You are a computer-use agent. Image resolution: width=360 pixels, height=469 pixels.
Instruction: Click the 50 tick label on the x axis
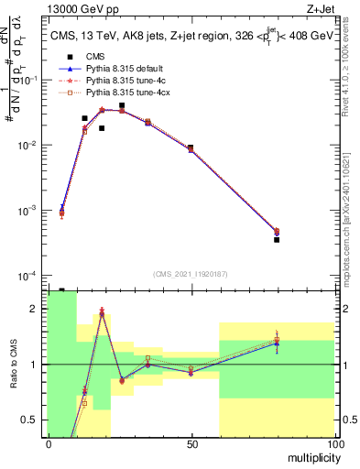pos(191,443)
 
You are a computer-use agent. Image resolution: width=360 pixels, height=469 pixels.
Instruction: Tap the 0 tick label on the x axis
pos(49,443)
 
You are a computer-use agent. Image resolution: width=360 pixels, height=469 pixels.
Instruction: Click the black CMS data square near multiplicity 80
pos(277,240)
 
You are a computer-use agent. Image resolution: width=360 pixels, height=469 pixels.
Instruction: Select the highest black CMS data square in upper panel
pos(122,106)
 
